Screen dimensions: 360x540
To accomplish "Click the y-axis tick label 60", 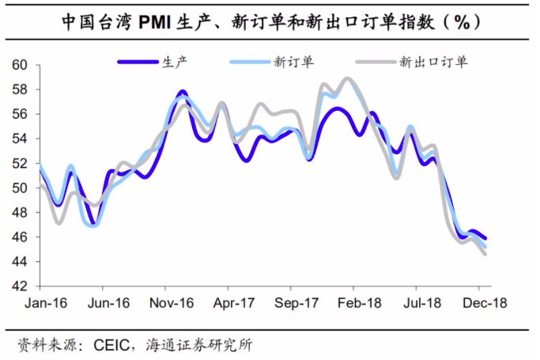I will pyautogui.click(x=21, y=65).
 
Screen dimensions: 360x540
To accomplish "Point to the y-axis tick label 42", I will pyautogui.click(x=21, y=286).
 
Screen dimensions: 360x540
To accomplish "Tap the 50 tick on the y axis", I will pyautogui.click(x=21, y=188).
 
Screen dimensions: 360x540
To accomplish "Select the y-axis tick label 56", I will pyautogui.click(x=21, y=114).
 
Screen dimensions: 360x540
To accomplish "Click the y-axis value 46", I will pyautogui.click(x=21, y=237).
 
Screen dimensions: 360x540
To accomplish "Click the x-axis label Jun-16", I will pyautogui.click(x=108, y=303).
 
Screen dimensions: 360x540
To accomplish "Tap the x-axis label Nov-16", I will pyautogui.click(x=171, y=303).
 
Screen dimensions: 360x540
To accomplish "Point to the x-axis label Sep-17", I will pyautogui.click(x=296, y=303).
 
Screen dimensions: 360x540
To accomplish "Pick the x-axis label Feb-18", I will pyautogui.click(x=360, y=303).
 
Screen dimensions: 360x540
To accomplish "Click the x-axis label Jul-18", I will pyautogui.click(x=423, y=303).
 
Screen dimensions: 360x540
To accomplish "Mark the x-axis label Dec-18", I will pyautogui.click(x=485, y=303).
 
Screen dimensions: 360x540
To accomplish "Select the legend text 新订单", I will pyautogui.click(x=290, y=61).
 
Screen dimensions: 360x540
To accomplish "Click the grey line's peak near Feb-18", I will pyautogui.click(x=346, y=78).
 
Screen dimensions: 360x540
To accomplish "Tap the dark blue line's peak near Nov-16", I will pyautogui.click(x=182, y=93).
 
